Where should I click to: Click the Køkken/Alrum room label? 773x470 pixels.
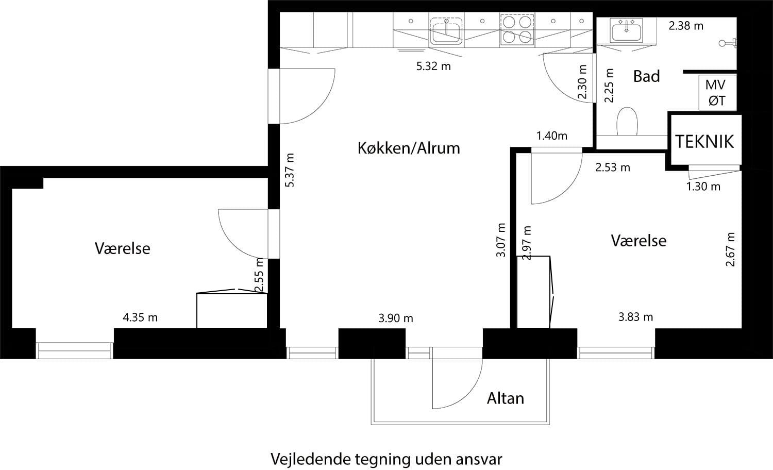409,148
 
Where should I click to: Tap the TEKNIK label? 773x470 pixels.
704,141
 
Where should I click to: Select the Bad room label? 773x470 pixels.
646,77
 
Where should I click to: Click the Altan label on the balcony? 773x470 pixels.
506,398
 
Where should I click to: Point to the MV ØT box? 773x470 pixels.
716,93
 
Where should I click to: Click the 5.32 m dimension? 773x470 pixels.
433,66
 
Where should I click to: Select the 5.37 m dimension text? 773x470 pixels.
290,170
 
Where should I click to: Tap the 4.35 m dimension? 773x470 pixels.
140,317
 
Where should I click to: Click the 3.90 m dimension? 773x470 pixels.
396,318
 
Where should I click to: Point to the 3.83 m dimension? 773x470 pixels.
635,317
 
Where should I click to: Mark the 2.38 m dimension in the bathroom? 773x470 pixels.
686,26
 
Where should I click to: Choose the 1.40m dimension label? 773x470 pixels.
551,136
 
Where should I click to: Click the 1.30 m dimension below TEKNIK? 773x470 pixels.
703,187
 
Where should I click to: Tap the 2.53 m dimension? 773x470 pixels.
612,167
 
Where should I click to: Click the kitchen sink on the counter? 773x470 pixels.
446,30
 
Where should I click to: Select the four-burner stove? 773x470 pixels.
516,29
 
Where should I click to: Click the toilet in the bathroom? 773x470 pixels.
627,122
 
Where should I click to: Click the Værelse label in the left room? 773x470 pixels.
123,248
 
